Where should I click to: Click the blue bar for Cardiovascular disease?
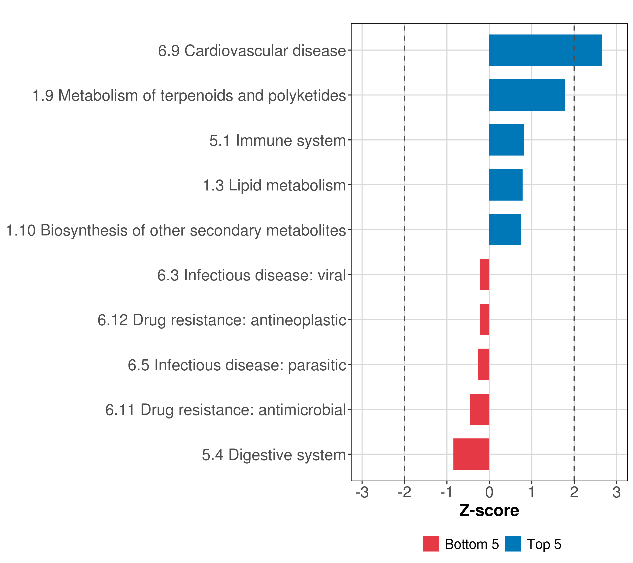point(545,50)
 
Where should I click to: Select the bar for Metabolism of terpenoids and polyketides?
point(527,95)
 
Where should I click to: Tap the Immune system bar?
point(506,140)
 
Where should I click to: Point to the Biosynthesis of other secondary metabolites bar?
point(505,230)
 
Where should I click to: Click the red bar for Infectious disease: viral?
point(485,274)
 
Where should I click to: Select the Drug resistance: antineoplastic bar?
point(484,320)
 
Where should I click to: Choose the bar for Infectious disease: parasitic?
point(483,364)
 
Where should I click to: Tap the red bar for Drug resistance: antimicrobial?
point(480,409)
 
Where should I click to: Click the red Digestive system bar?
point(471,454)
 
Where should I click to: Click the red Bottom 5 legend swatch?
point(431,544)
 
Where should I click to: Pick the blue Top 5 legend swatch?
point(513,544)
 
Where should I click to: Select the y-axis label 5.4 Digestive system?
point(274,455)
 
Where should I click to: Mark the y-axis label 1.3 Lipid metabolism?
point(274,185)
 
